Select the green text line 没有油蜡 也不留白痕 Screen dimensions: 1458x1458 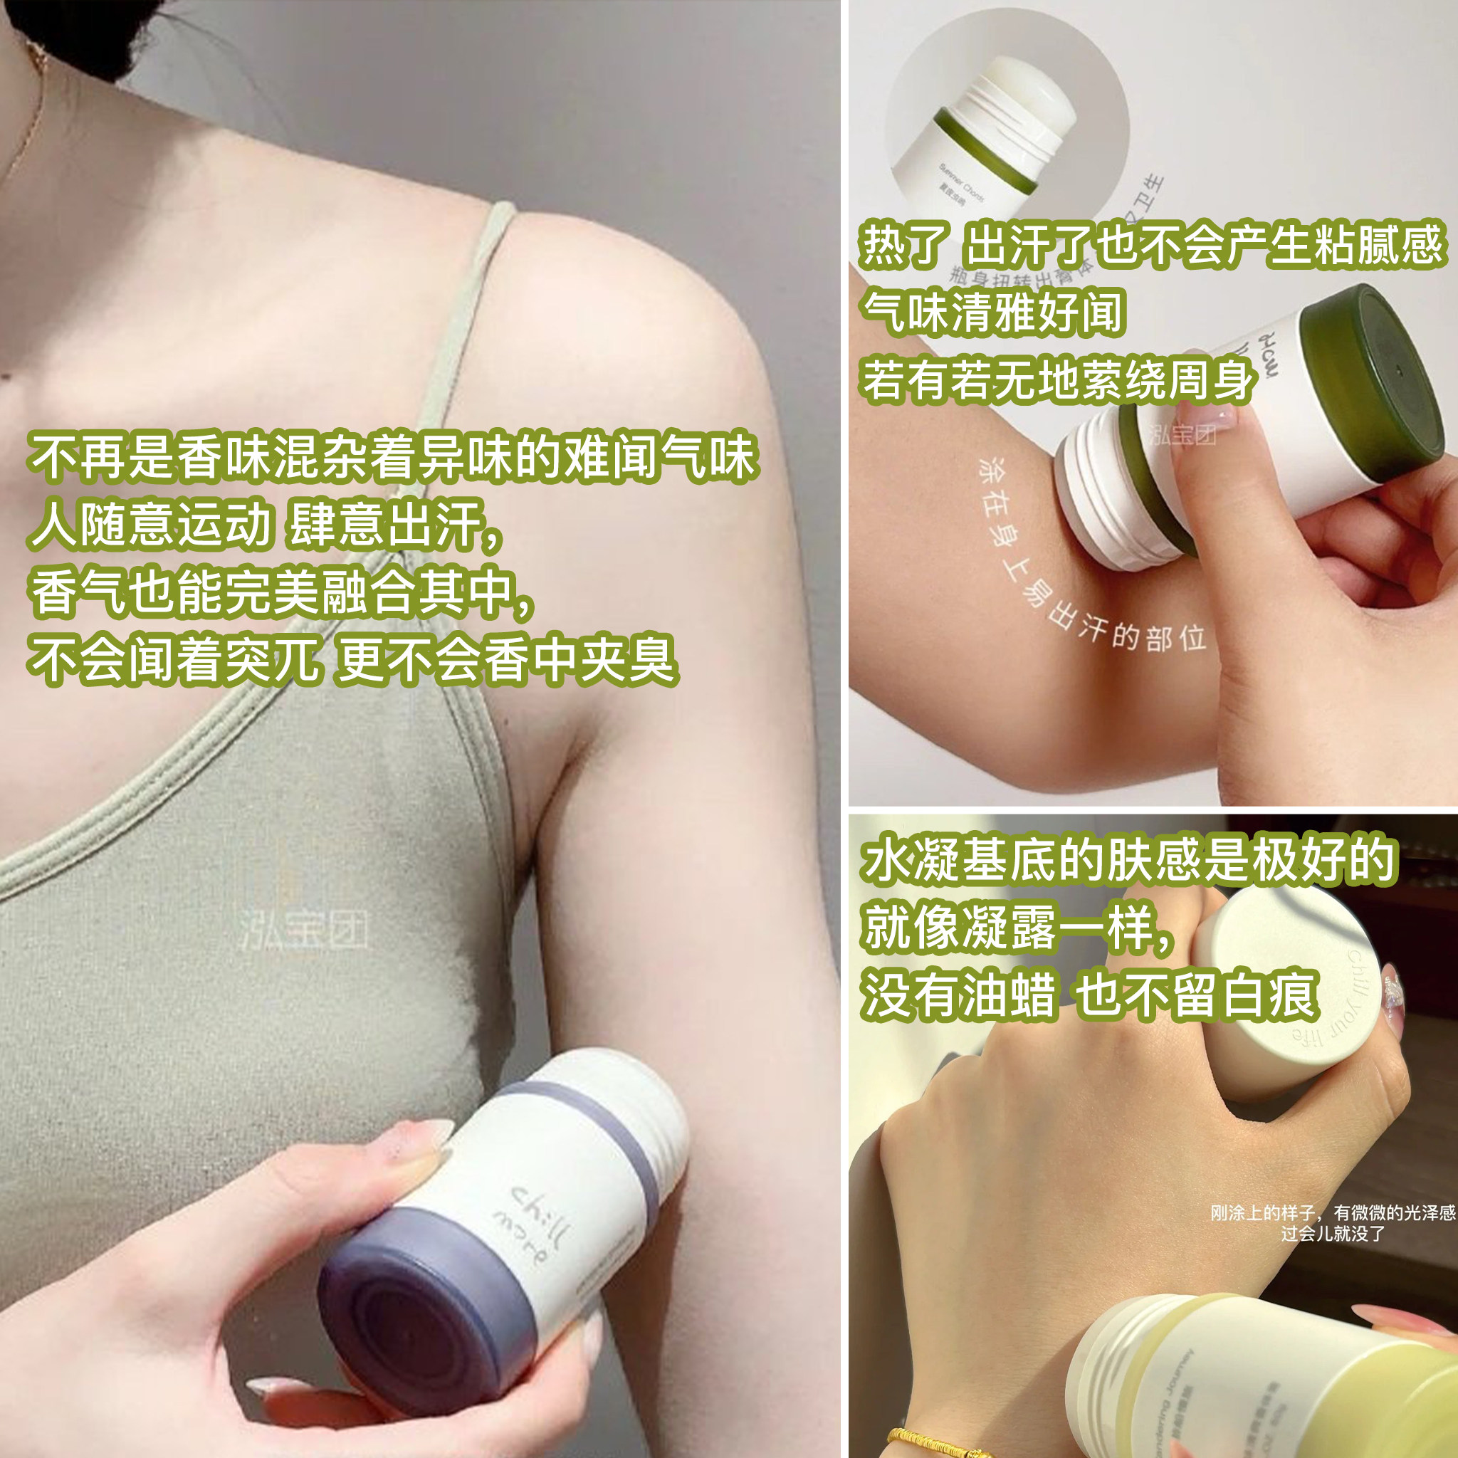pos(1091,995)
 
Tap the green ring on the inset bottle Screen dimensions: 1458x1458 pos(989,154)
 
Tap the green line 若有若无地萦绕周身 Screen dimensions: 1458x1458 pos(1056,379)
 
